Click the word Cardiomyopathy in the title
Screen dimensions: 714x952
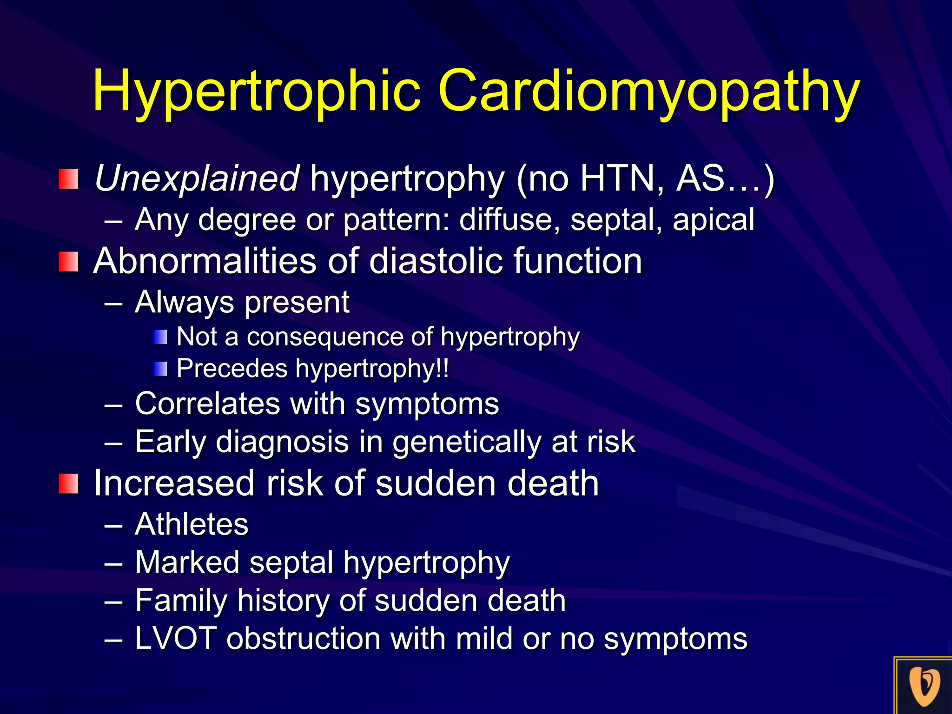pyautogui.click(x=649, y=92)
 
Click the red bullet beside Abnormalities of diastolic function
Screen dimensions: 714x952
pyautogui.click(x=68, y=262)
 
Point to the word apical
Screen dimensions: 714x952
pyautogui.click(x=713, y=219)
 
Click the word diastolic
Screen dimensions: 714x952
pyautogui.click(x=436, y=261)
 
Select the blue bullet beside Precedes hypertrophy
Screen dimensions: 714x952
pyautogui.click(x=160, y=369)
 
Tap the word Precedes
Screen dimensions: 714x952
pyautogui.click(x=232, y=369)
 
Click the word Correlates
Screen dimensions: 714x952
pyautogui.click(x=207, y=403)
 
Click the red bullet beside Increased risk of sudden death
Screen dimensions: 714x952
pyautogui.click(x=68, y=484)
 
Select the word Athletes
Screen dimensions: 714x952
pyautogui.click(x=192, y=524)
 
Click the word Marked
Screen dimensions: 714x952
pyautogui.click(x=187, y=562)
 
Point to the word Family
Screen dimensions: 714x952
pyautogui.click(x=181, y=601)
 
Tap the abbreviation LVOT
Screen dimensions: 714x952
pyautogui.click(x=176, y=638)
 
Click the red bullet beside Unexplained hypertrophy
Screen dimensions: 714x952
pyautogui.click(x=68, y=179)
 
